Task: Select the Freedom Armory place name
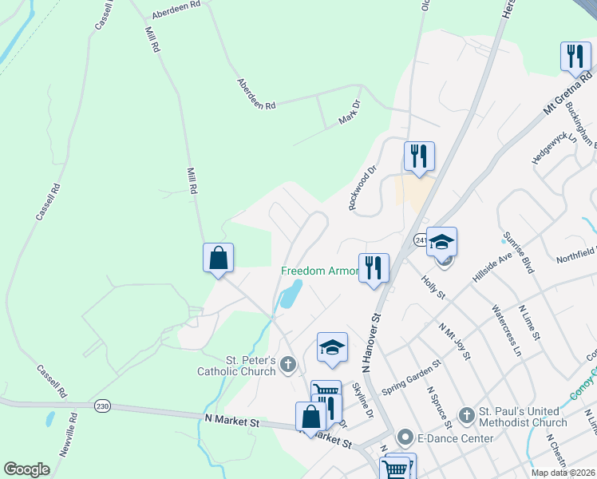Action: coord(318,271)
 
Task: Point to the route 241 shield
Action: coord(420,239)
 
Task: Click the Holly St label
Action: coord(434,285)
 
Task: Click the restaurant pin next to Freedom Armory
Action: coord(373,269)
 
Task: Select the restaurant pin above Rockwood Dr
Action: coord(419,156)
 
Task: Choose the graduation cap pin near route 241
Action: coord(441,243)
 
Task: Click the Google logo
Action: coord(26,469)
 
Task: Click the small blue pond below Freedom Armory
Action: coord(290,295)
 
